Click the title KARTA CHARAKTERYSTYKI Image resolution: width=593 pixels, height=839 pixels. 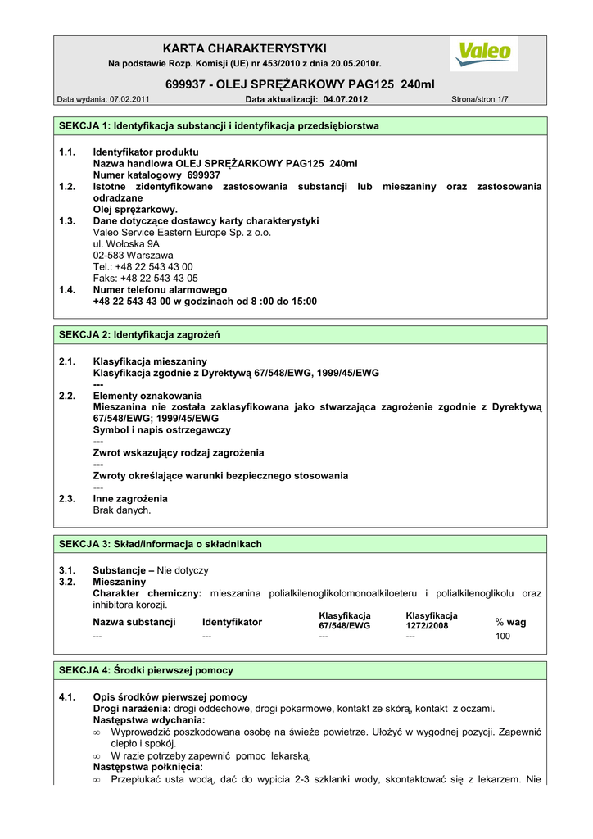click(x=245, y=48)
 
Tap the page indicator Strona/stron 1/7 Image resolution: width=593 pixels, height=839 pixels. click(x=480, y=100)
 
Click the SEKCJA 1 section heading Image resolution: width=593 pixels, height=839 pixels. click(x=220, y=126)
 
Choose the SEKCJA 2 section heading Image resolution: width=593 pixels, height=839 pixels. click(x=140, y=335)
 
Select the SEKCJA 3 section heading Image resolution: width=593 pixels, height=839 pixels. click(x=161, y=544)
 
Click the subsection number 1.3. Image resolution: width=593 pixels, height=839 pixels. click(x=67, y=221)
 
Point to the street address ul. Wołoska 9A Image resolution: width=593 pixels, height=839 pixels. click(x=126, y=244)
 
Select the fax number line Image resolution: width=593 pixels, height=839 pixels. click(x=145, y=279)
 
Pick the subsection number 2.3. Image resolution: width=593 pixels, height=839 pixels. click(x=67, y=498)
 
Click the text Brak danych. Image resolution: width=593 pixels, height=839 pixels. click(x=122, y=510)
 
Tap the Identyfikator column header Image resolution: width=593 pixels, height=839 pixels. click(x=232, y=623)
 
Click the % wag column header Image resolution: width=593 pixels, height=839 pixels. click(x=510, y=623)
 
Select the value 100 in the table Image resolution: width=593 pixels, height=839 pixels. click(x=502, y=636)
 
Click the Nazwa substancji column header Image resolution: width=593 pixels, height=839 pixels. click(x=134, y=623)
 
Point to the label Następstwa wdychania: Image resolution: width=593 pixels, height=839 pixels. click(x=149, y=720)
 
